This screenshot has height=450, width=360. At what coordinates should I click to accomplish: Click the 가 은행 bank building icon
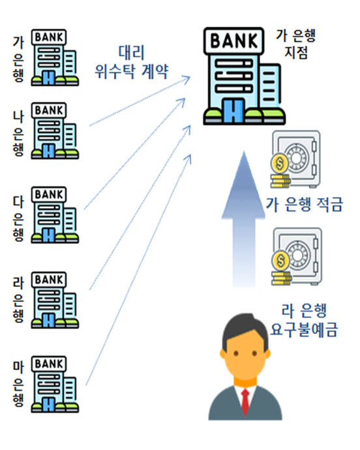[x=55, y=57]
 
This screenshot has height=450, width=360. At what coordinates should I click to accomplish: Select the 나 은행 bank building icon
[x=55, y=130]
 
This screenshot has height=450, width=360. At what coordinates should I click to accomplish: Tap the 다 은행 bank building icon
[x=55, y=215]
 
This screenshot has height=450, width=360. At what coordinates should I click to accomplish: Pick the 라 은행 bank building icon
[x=55, y=300]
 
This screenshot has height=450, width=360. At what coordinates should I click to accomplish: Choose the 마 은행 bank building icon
[x=55, y=384]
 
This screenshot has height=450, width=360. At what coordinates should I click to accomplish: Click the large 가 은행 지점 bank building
[x=244, y=76]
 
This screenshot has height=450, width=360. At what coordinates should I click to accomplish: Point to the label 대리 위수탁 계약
[x=132, y=62]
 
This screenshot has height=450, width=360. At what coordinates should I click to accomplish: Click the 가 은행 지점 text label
[x=296, y=44]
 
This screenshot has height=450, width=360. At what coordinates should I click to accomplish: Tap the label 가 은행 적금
[x=305, y=205]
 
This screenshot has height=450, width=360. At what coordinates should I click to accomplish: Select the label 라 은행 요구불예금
[x=304, y=320]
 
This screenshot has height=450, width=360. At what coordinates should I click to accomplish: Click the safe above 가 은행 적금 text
[x=295, y=159]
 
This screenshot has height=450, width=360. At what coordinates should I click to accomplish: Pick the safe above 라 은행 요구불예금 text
[x=297, y=256]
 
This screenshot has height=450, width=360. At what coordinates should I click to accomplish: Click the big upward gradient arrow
[x=243, y=218]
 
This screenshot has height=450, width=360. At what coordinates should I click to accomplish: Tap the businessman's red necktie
[x=245, y=402]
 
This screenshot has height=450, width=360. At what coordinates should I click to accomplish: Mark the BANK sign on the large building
[x=233, y=40]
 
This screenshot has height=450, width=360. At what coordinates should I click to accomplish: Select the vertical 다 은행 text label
[x=18, y=218]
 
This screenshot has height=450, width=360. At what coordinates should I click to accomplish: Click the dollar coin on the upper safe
[x=280, y=164]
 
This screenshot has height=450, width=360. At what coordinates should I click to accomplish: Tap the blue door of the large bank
[x=233, y=111]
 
